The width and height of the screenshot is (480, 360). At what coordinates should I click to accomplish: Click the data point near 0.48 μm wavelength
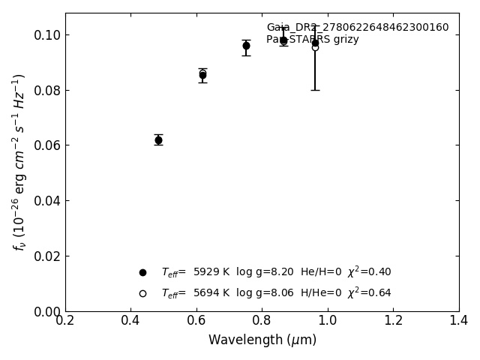click(158, 140)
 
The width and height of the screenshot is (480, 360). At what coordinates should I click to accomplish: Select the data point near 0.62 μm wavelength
click(202, 74)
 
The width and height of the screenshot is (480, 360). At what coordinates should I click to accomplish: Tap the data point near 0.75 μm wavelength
click(246, 46)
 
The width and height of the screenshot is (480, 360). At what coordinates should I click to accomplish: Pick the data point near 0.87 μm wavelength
click(283, 40)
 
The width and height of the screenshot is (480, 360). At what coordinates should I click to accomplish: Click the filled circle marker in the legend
click(142, 272)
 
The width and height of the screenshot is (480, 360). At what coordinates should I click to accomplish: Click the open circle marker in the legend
click(142, 293)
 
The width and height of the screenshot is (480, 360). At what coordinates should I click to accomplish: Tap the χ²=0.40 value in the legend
click(369, 272)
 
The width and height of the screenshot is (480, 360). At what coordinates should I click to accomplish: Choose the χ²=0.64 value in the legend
click(369, 293)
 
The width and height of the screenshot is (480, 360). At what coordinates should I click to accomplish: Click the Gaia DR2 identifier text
click(358, 28)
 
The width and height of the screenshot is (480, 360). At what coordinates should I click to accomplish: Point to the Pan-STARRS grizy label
click(313, 40)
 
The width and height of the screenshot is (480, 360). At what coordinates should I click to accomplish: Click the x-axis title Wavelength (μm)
click(262, 340)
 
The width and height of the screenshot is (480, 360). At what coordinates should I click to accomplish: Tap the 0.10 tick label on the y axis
click(46, 35)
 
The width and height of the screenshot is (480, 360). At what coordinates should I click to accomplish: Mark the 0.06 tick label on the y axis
click(46, 145)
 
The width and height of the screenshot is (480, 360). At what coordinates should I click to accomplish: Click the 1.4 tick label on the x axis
click(458, 321)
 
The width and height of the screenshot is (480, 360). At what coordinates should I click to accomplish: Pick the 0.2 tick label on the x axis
click(65, 321)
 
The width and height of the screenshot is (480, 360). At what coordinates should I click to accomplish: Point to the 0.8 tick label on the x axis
click(262, 321)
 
